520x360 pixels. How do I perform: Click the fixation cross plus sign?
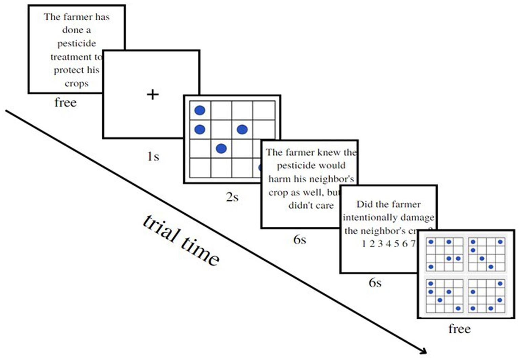click(152, 94)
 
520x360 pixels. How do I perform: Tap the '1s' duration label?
click(153, 156)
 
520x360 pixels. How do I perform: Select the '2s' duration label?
click(232, 197)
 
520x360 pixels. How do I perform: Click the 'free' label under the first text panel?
click(65, 102)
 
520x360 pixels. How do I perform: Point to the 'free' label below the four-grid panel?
click(459, 328)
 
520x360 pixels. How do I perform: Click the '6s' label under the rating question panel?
click(375, 282)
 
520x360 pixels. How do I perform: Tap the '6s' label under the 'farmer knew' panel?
click(299, 239)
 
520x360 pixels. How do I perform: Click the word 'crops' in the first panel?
click(77, 84)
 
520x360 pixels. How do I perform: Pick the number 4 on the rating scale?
click(388, 244)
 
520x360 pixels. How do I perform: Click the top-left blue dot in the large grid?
click(200, 110)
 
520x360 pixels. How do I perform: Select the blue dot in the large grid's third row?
click(221, 148)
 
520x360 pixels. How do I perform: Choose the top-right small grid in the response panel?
click(486, 254)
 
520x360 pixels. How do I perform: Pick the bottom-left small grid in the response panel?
click(444, 296)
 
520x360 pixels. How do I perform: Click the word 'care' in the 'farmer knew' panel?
click(325, 205)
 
